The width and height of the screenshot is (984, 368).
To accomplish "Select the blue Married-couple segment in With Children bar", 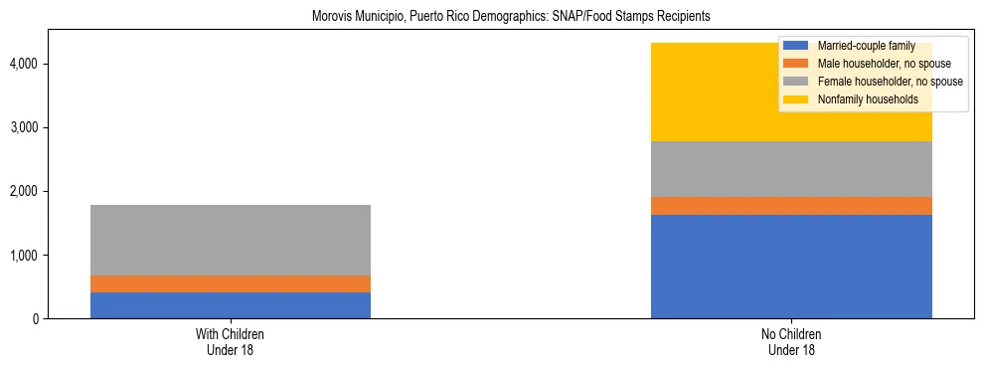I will point(230,304).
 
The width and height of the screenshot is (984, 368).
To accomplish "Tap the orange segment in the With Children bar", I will point(230,283).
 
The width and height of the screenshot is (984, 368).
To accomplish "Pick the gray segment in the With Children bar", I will point(230,240).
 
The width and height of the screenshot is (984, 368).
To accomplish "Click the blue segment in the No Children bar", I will point(791,266).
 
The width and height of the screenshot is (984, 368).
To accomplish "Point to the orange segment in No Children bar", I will point(791,206).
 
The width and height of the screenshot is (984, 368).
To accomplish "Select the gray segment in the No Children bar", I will point(791,169).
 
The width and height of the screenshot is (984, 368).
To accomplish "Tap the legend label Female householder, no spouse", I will point(890,82).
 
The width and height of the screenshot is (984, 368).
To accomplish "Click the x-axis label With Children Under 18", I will point(230,341).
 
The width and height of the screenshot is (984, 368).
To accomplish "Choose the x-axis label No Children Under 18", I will point(791,341).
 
